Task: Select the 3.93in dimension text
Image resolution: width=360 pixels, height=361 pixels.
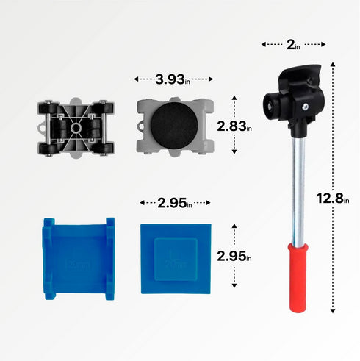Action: point(174,79)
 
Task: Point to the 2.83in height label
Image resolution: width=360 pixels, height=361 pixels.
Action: point(234,126)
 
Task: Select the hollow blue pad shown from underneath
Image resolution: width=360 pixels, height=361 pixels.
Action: point(78,257)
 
